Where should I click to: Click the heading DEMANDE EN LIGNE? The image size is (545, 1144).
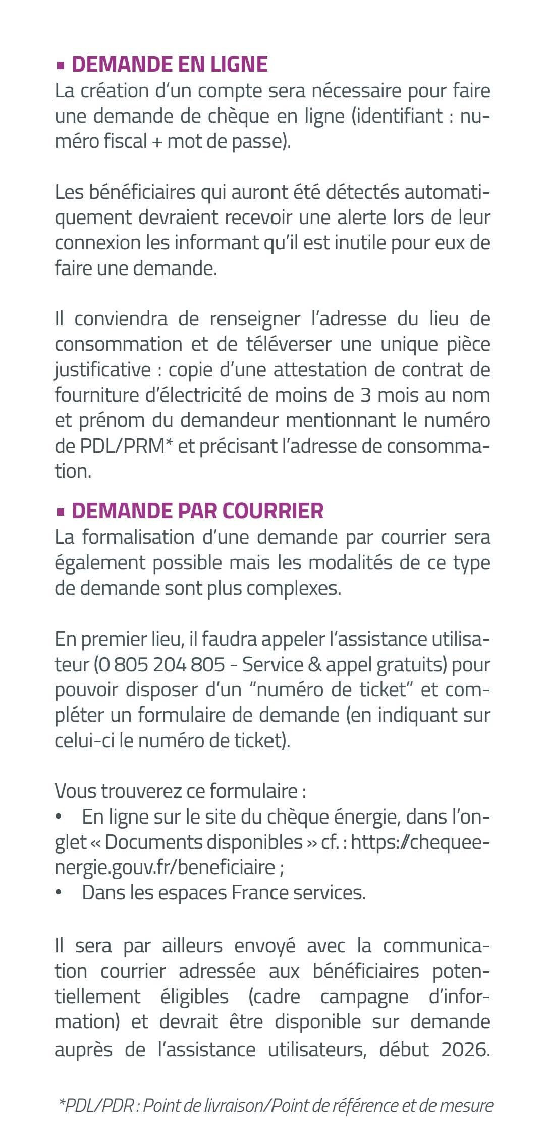point(170,65)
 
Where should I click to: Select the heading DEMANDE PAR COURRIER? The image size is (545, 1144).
point(197,511)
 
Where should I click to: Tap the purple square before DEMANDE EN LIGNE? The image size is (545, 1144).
point(61,65)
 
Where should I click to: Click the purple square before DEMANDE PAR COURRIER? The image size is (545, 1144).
point(61,511)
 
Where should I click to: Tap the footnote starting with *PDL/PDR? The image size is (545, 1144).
point(276,1092)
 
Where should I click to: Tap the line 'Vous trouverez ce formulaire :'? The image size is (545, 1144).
point(180,790)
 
